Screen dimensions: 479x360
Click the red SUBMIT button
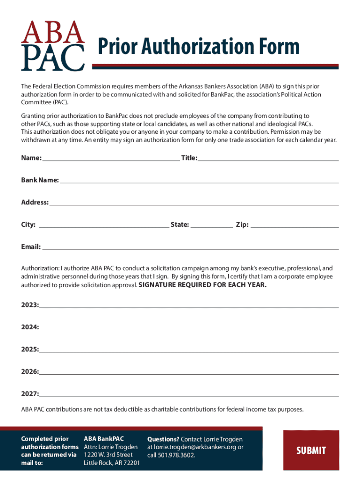pos(311,450)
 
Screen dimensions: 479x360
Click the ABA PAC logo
pos(53,45)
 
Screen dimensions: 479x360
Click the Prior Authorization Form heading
pos(198,47)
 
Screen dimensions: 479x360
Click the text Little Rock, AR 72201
pos(111,463)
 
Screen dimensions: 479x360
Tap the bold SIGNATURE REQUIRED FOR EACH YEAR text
pos(203,284)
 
